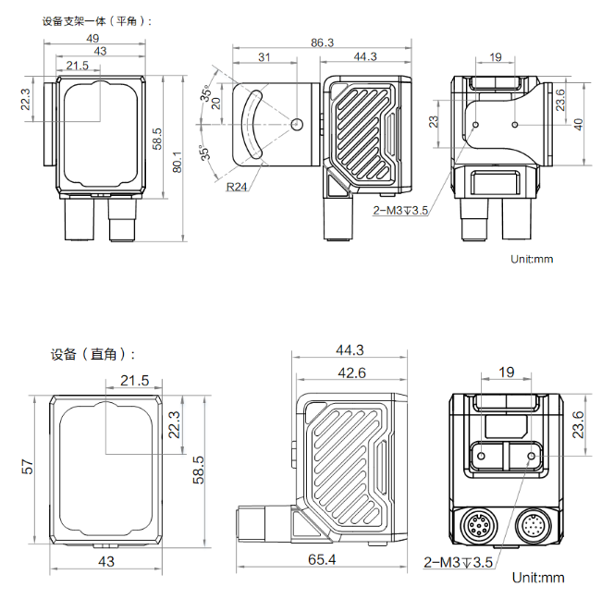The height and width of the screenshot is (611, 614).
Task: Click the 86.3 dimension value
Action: click(x=322, y=43)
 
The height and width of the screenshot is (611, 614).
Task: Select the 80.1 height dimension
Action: click(x=177, y=162)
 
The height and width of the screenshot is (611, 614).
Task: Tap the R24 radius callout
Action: click(x=237, y=187)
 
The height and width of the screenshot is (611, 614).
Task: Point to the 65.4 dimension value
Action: click(x=322, y=559)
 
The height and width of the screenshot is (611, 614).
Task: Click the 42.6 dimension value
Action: click(x=351, y=373)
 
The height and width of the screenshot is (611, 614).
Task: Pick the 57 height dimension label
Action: click(x=28, y=467)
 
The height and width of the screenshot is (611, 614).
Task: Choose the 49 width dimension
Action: click(x=92, y=38)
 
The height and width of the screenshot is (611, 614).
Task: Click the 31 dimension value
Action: click(x=264, y=57)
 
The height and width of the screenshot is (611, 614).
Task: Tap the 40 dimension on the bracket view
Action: click(x=578, y=125)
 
